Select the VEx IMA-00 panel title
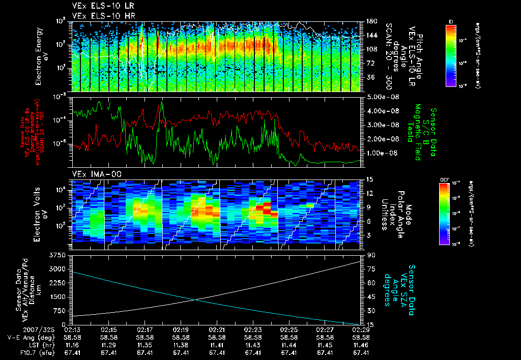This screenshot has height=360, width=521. pos(93,174)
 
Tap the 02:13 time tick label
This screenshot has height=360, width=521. pos(73,330)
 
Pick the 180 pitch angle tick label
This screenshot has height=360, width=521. pos(371,21)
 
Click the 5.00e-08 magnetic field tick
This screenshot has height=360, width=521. pos(379,97)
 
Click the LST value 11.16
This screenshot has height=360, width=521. pos(73,345)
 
